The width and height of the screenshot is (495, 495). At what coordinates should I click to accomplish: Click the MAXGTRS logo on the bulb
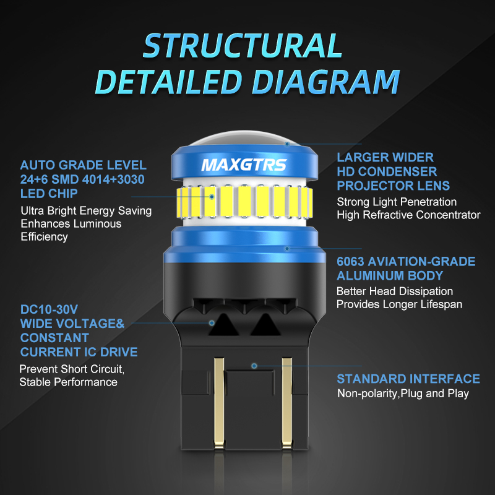coord(244,165)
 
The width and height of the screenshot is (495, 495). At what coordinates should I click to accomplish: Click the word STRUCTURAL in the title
coord(243,45)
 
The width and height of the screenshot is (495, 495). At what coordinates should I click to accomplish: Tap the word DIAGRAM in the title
coord(326,82)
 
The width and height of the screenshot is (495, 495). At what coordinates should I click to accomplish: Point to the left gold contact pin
coord(219,402)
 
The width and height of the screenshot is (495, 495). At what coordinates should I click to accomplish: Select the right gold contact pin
coord(287,402)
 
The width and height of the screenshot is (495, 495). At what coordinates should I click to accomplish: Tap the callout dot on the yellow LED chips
coord(212,197)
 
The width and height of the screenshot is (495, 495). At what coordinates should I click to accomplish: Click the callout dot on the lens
coord(287,144)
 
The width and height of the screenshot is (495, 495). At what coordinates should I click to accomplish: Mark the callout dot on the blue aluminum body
coord(287,249)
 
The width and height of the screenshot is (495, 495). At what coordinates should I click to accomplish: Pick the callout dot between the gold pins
coord(254,366)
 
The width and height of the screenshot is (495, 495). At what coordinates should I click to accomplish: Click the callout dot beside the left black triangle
coord(212,322)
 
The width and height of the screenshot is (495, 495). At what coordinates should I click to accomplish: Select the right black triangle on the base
coord(265,325)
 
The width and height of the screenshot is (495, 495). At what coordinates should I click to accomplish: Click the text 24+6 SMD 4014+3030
coord(82,179)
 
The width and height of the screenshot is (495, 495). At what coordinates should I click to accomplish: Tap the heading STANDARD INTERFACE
coord(408,379)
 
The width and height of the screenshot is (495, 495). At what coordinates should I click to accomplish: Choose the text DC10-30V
coord(49,309)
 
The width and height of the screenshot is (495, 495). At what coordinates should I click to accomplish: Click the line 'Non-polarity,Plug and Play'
coord(403,394)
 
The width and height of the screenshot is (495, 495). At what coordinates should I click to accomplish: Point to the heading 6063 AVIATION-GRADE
coord(406,261)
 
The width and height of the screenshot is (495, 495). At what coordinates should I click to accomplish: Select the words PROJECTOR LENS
coord(394,186)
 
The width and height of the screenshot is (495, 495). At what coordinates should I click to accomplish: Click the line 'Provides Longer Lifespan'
coord(399,304)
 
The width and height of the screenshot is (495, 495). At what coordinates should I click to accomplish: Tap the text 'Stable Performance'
coord(69,382)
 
